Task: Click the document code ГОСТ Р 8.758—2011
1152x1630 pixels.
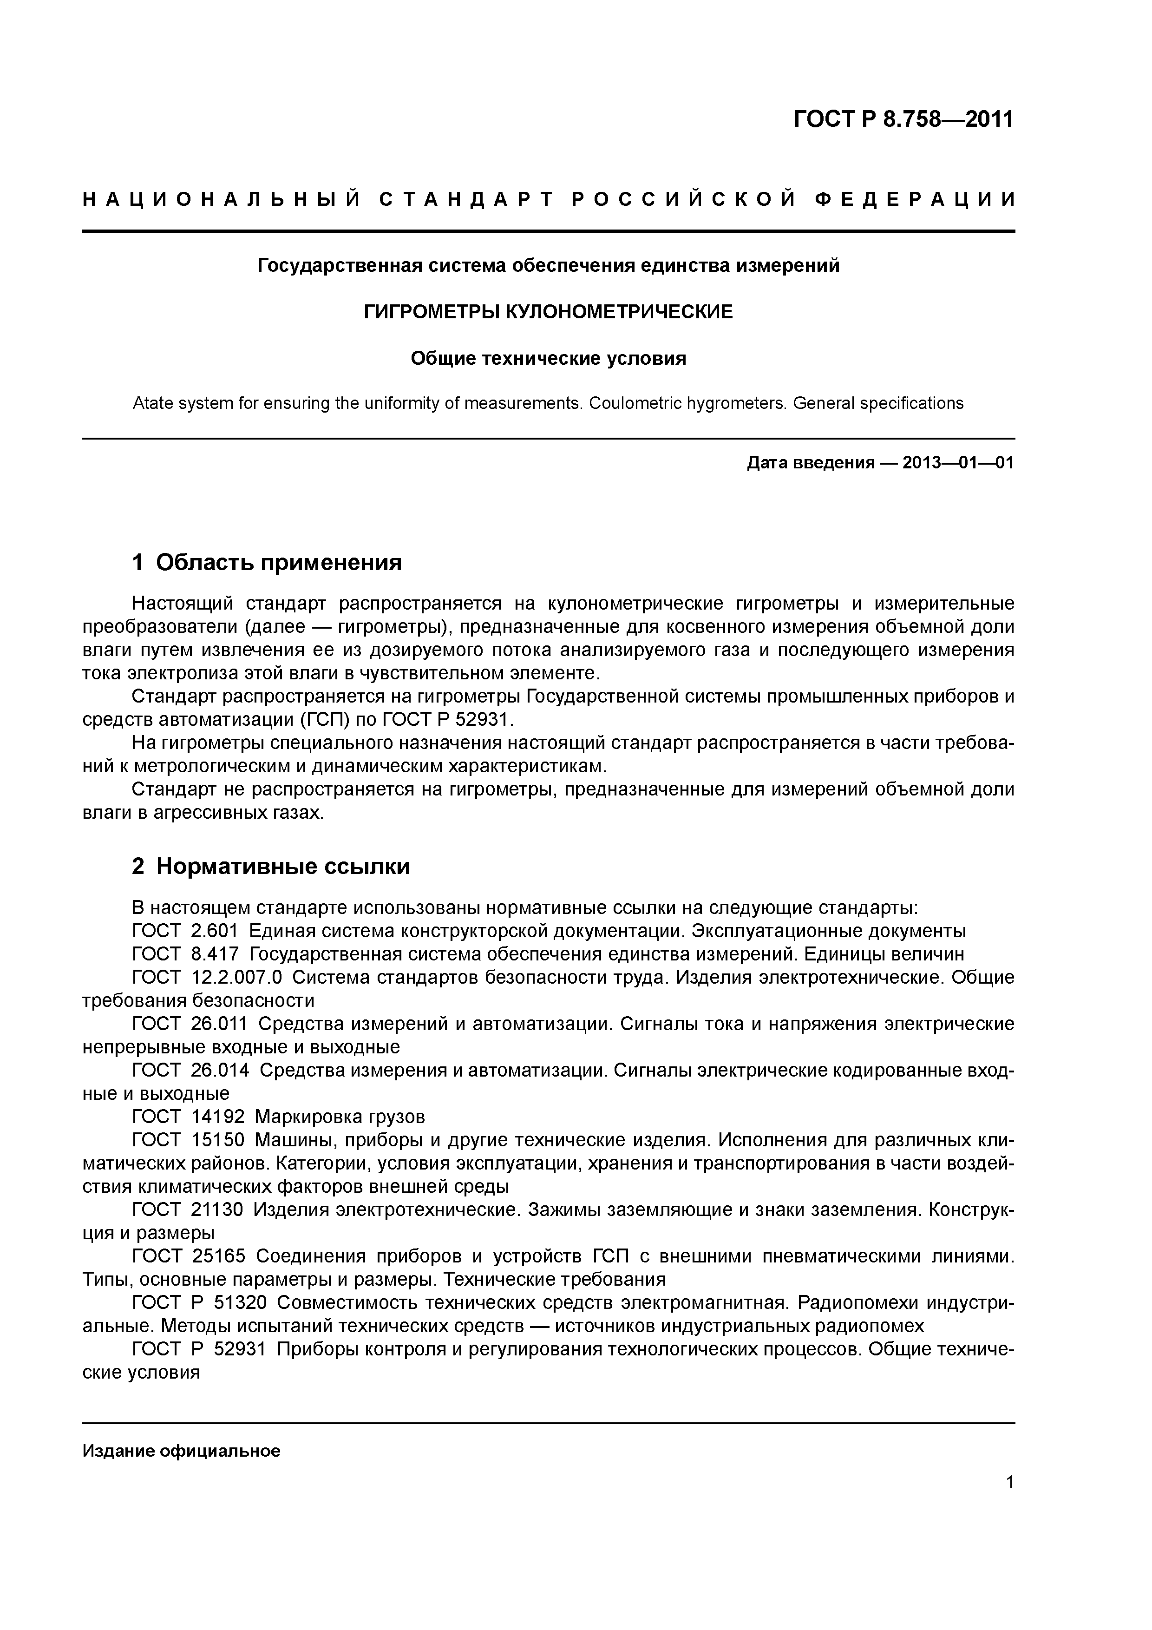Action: click(903, 119)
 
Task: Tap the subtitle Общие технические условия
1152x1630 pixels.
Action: click(548, 359)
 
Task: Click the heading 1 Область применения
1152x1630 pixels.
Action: click(267, 563)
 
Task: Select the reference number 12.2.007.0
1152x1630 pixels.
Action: click(236, 978)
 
